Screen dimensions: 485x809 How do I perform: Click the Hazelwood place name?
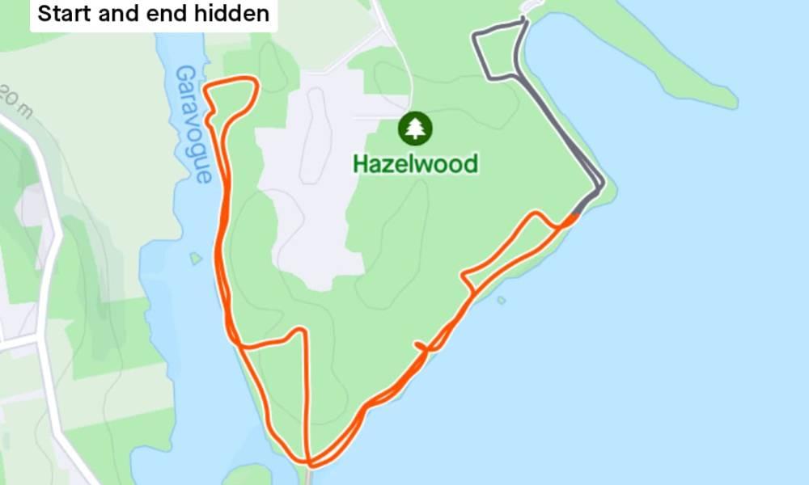(415, 164)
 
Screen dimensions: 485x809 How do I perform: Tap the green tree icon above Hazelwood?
(415, 128)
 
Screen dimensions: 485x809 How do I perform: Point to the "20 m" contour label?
(14, 100)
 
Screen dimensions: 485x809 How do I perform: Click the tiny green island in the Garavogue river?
(195, 259)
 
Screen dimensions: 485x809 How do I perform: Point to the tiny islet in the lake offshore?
(502, 301)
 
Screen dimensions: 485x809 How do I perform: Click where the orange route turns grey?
(576, 215)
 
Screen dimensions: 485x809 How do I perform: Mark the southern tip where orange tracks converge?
(309, 463)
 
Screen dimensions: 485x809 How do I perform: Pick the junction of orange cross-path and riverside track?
(241, 346)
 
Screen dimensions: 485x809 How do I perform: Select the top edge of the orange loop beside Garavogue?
(235, 80)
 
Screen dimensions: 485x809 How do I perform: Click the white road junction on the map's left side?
(40, 340)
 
